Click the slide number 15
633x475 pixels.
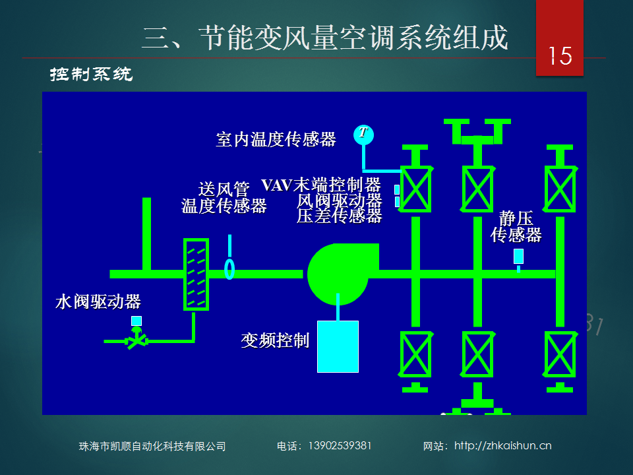(x=560, y=55)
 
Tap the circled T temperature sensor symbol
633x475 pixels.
(x=363, y=135)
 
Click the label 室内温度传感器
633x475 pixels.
(x=276, y=139)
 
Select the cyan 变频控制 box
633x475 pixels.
(x=338, y=346)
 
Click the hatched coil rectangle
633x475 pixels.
(x=196, y=274)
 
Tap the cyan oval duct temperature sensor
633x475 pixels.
(x=229, y=269)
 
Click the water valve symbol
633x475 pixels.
(x=137, y=338)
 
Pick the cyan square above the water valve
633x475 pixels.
(x=136, y=321)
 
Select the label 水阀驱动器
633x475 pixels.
(x=98, y=301)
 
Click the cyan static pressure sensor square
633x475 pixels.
(x=518, y=256)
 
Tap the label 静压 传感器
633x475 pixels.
(x=516, y=227)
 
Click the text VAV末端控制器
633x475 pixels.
(x=321, y=185)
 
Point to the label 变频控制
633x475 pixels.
(x=276, y=340)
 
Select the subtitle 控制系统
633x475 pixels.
(x=91, y=75)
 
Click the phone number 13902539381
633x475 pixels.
(x=340, y=446)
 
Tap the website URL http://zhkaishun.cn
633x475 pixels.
(x=503, y=446)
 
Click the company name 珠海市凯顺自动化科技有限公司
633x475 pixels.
(x=152, y=447)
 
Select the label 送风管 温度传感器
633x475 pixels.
(x=224, y=197)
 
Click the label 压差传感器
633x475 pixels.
(x=339, y=216)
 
